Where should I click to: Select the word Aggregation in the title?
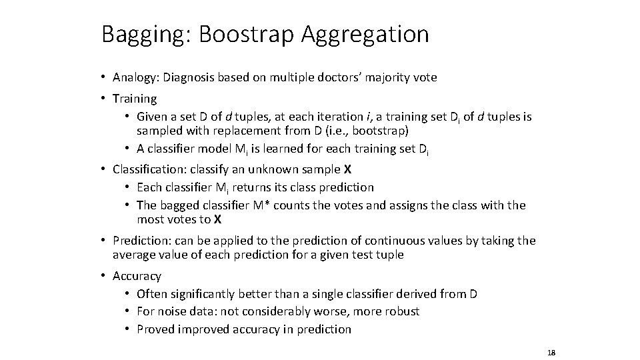pyautogui.click(x=365, y=33)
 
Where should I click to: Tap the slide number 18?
pyautogui.click(x=551, y=352)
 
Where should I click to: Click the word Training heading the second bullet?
pyautogui.click(x=135, y=99)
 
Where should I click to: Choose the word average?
pyautogui.click(x=134, y=255)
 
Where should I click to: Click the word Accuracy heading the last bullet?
pyautogui.click(x=137, y=276)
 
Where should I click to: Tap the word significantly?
pyautogui.click(x=201, y=294)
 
